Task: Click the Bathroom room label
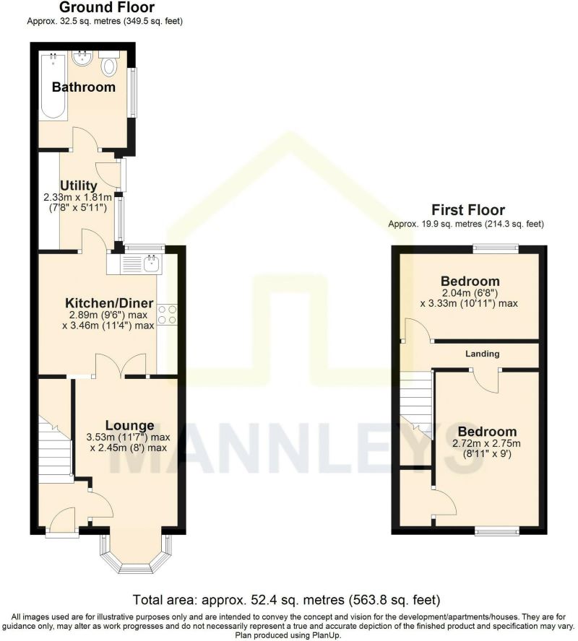click(83, 87)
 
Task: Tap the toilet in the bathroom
click(109, 66)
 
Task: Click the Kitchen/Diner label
click(109, 302)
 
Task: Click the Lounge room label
click(129, 425)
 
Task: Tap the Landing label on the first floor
click(483, 354)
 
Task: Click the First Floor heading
click(467, 210)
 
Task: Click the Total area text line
click(287, 600)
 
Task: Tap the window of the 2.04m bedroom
click(496, 248)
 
